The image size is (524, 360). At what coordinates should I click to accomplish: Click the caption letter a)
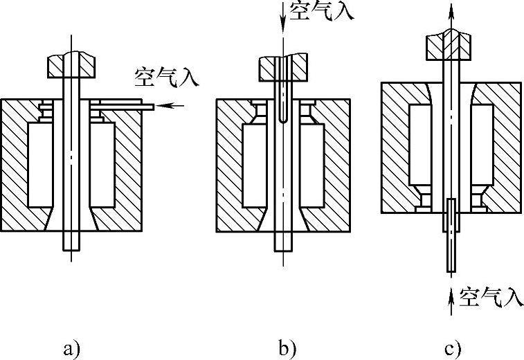pyautogui.click(x=72, y=348)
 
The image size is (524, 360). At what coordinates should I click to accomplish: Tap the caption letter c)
pyautogui.click(x=452, y=348)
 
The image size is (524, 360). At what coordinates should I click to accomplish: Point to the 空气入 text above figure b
pyautogui.click(x=319, y=12)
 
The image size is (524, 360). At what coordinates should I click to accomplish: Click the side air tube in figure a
pyautogui.click(x=121, y=105)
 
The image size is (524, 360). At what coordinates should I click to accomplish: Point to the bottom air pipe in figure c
pyautogui.click(x=451, y=235)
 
